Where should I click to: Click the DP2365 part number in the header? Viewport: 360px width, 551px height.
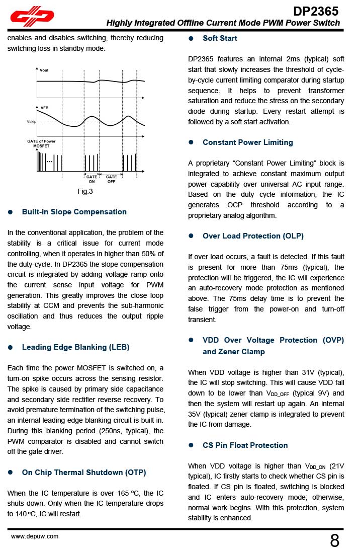pyautogui.click(x=316, y=11)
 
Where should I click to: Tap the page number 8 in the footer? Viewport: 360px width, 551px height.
pyautogui.click(x=335, y=541)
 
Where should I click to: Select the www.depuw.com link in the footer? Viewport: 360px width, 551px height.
pyautogui.click(x=35, y=536)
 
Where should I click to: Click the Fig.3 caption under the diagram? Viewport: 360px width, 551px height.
pyautogui.click(x=85, y=191)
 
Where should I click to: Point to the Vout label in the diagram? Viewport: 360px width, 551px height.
pyautogui.click(x=45, y=70)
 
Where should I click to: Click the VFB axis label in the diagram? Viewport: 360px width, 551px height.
pyautogui.click(x=45, y=108)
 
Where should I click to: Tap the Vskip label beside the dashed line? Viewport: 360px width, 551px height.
pyautogui.click(x=32, y=122)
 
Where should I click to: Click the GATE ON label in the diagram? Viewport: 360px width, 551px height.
pyautogui.click(x=92, y=179)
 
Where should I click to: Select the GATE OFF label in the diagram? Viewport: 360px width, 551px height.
pyautogui.click(x=111, y=179)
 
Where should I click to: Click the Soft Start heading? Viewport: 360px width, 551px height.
pyautogui.click(x=220, y=38)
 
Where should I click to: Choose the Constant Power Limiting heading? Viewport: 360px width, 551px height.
pyautogui.click(x=247, y=142)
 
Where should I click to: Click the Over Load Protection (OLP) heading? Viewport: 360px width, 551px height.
pyautogui.click(x=253, y=236)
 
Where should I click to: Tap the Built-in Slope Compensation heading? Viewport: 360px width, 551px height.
pyautogui.click(x=74, y=212)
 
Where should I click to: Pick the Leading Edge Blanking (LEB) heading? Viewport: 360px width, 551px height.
pyautogui.click(x=75, y=347)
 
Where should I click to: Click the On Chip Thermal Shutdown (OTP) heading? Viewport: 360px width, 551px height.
pyautogui.click(x=84, y=473)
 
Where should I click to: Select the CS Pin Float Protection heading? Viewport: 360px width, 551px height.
pyautogui.click(x=245, y=445)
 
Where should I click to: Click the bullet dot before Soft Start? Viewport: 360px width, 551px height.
pyautogui.click(x=191, y=38)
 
